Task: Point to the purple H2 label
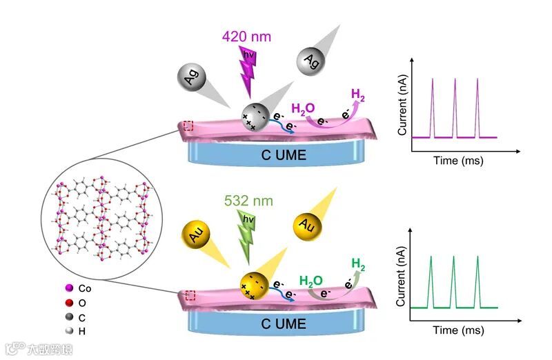click(x=359, y=94)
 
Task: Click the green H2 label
click(x=359, y=263)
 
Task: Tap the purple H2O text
click(x=304, y=108)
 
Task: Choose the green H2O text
click(x=311, y=281)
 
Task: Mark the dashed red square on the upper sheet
click(x=188, y=126)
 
